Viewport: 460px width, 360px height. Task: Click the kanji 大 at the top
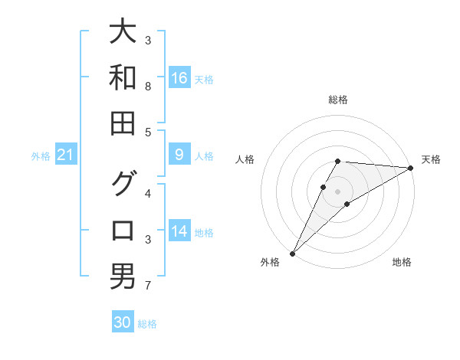tap(123, 32)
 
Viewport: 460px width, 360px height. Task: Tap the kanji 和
tap(123, 77)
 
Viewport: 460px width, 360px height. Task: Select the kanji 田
tap(123, 123)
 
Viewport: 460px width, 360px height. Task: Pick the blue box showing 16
tap(179, 78)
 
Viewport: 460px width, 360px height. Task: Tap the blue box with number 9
tap(179, 155)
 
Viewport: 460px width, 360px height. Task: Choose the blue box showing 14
tap(179, 232)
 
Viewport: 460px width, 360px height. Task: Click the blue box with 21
tap(66, 155)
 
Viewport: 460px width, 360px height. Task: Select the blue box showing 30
tap(123, 322)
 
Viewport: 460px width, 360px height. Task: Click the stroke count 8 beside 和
tap(148, 86)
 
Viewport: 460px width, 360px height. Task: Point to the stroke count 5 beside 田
tap(148, 132)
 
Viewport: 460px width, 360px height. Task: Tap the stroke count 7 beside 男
tap(148, 286)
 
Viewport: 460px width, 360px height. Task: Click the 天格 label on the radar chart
tap(431, 159)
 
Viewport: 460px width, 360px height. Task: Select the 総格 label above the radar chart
tap(338, 100)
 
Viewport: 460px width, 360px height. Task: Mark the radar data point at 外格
tap(292, 253)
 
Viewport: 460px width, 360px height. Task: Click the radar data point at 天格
tap(411, 168)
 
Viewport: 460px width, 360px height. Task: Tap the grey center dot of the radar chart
tap(338, 191)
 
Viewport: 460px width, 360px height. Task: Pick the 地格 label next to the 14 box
tap(205, 233)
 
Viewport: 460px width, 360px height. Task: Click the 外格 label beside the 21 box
tap(41, 156)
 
